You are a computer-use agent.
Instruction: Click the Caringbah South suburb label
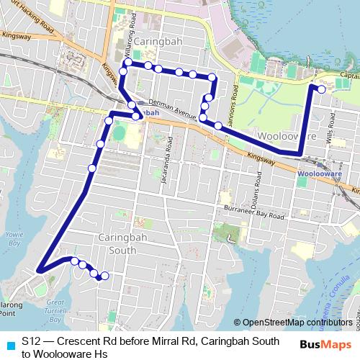[x=117, y=243]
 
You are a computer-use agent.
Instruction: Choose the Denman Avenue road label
[x=173, y=109]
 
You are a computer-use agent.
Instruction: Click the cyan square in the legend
[x=9, y=344]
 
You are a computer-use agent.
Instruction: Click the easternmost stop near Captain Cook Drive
[x=320, y=89]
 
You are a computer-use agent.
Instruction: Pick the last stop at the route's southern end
[x=104, y=276]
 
